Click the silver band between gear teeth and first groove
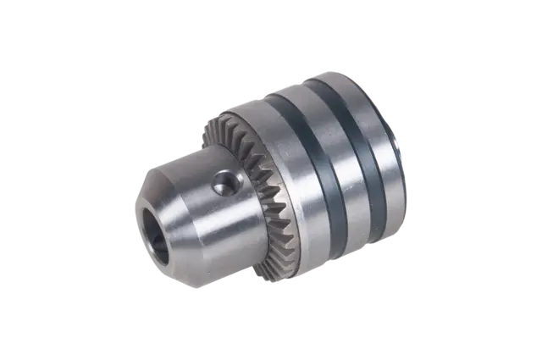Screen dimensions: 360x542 pyautogui.click(x=292, y=169)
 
